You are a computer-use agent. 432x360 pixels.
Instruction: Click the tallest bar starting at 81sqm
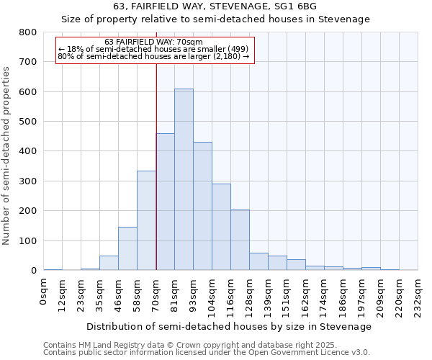pos(184,179)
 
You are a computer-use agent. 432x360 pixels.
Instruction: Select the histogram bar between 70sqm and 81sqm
pos(165,202)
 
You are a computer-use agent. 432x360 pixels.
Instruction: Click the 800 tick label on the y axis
pos(27,32)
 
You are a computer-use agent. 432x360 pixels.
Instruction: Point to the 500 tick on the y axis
pos(27,122)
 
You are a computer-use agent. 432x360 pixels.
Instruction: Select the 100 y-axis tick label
pos(27,240)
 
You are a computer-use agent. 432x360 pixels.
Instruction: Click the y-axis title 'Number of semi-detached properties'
pos(7,155)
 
